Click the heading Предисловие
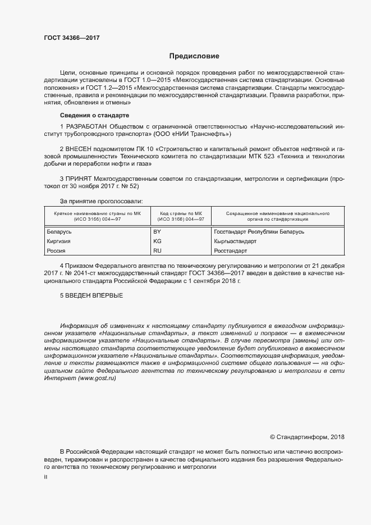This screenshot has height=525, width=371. click(x=194, y=56)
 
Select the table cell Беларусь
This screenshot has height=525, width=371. click(x=57, y=231)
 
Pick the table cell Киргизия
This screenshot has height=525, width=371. click(x=57, y=241)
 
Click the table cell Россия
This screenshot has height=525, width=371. click(x=54, y=250)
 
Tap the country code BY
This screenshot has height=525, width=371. click(x=157, y=231)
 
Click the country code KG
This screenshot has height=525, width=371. click(x=157, y=241)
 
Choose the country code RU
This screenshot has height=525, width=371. click(x=157, y=250)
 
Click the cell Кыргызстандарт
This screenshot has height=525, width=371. click(x=235, y=241)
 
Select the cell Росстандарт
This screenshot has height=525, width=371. click(x=231, y=250)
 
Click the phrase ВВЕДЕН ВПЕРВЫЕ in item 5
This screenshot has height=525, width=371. click(x=94, y=295)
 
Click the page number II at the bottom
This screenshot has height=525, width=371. click(x=45, y=477)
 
